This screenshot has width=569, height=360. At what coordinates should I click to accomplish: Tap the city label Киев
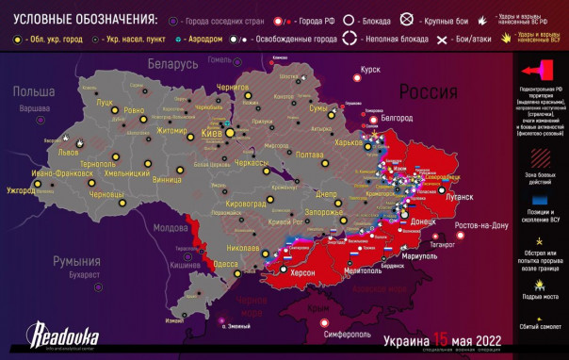click(x=213, y=134)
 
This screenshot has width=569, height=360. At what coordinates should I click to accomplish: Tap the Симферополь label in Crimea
click(x=348, y=334)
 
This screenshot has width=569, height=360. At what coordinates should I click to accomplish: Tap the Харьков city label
click(x=354, y=144)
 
